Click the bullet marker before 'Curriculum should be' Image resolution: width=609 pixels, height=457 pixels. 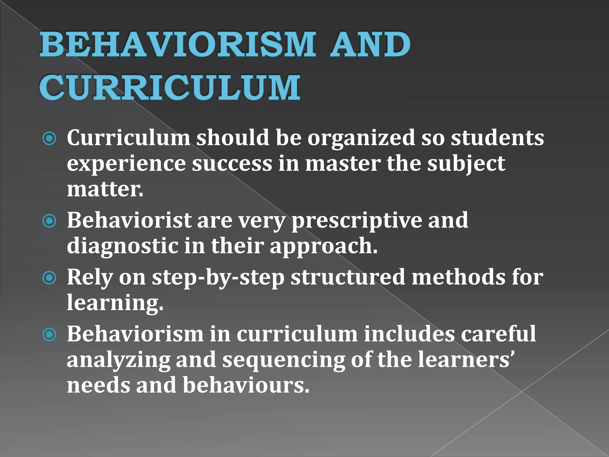pyautogui.click(x=49, y=139)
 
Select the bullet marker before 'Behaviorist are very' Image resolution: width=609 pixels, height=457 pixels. pyautogui.click(x=49, y=221)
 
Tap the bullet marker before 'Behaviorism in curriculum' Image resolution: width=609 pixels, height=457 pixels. pyautogui.click(x=49, y=335)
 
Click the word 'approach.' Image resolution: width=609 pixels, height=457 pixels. pyautogui.click(x=324, y=246)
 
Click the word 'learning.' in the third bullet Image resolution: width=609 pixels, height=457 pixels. pyautogui.click(x=115, y=303)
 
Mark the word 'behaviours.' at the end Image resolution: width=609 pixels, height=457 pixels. pyautogui.click(x=246, y=385)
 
